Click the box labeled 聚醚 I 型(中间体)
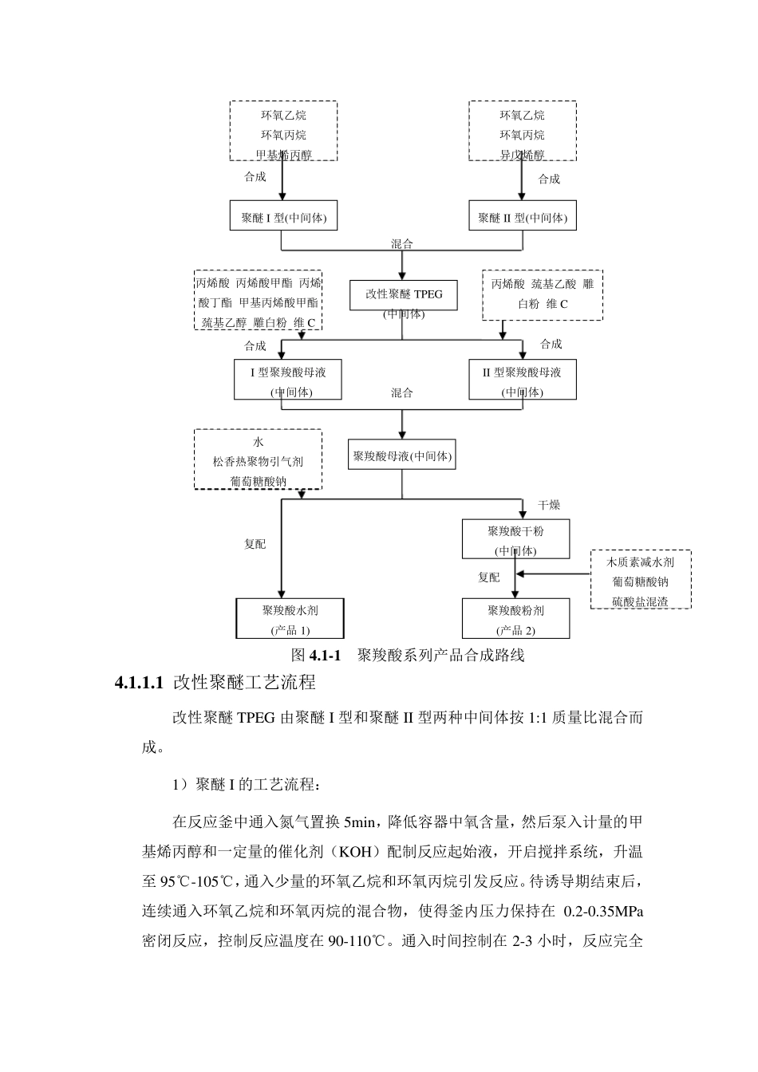pyautogui.click(x=283, y=216)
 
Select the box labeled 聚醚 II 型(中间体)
pyautogui.click(x=523, y=216)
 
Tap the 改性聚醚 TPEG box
pyautogui.click(x=404, y=294)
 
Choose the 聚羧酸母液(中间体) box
pyautogui.click(x=402, y=456)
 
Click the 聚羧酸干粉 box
pyautogui.click(x=515, y=538)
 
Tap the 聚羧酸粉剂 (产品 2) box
pyautogui.click(x=515, y=619)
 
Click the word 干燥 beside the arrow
pyautogui.click(x=549, y=505)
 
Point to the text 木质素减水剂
pyautogui.click(x=640, y=562)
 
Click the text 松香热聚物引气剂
pyautogui.click(x=258, y=461)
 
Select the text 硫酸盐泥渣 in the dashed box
pyautogui.click(x=640, y=601)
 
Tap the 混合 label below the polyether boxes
pyautogui.click(x=402, y=244)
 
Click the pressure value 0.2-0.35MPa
pyautogui.click(x=603, y=911)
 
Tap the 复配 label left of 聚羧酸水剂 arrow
pyautogui.click(x=255, y=544)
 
